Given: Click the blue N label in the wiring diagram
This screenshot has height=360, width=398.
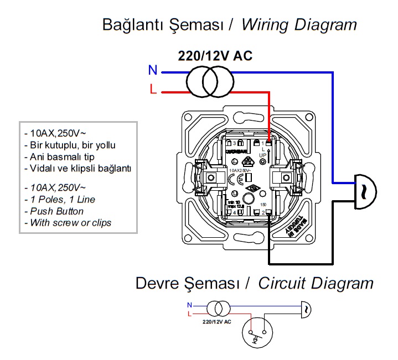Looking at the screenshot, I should click(153, 70).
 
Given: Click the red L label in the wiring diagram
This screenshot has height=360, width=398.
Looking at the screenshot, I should click(153, 88).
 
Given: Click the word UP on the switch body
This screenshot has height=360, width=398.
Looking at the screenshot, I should click(263, 156).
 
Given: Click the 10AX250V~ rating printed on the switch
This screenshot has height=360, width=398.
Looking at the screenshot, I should click(241, 171).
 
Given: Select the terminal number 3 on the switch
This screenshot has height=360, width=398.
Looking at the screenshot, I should click(235, 143).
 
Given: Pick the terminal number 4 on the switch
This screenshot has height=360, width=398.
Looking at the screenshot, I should click(235, 212).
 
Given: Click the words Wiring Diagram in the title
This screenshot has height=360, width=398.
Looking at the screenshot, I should click(299, 25).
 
